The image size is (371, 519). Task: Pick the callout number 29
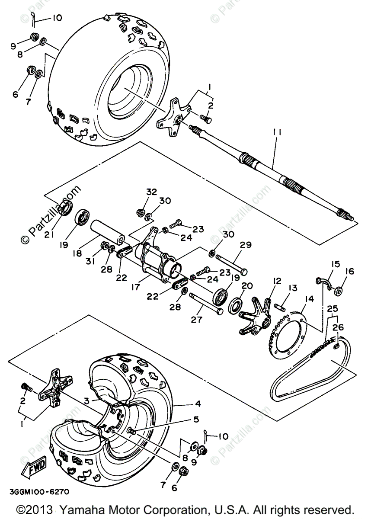point(246,245)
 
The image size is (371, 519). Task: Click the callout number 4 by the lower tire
point(198,404)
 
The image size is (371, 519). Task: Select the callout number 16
point(349,272)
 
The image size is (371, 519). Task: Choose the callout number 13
point(293,288)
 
